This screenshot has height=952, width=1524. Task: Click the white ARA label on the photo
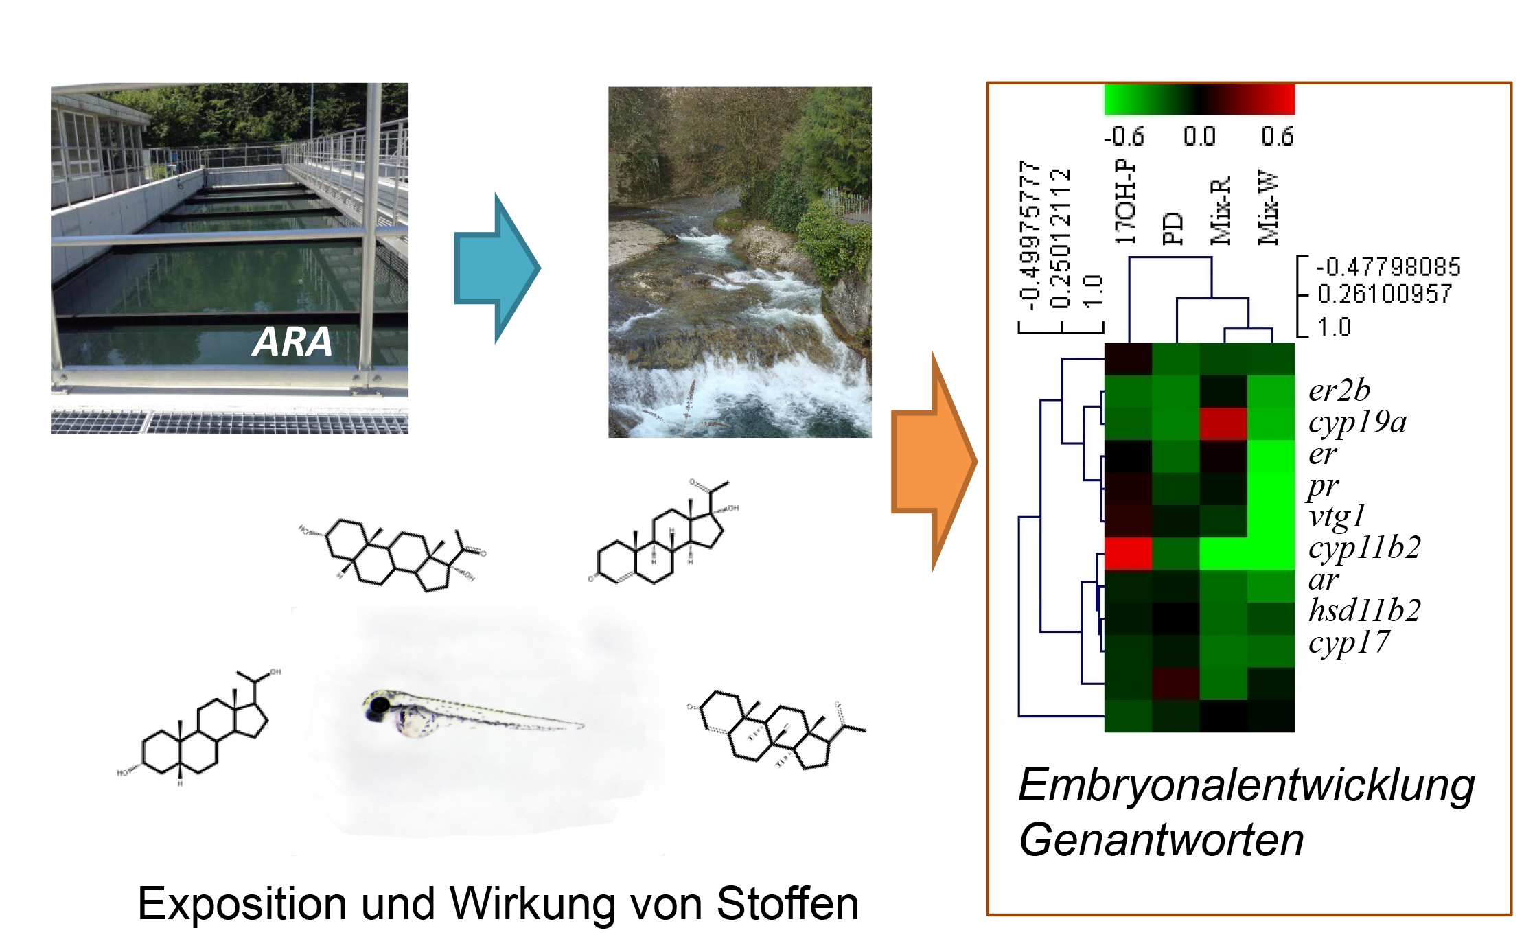pos(292,341)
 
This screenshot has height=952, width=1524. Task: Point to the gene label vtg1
pos(1337,516)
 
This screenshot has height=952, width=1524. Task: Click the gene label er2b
pos(1339,391)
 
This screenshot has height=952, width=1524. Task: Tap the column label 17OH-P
pos(1125,202)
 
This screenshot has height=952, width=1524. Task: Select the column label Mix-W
pos(1268,207)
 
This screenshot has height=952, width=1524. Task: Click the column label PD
pos(1173,229)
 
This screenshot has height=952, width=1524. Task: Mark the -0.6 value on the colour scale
pos(1124,137)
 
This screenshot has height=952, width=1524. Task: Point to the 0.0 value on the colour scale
pos(1199,137)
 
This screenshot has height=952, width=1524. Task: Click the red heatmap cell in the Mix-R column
pos(1223,423)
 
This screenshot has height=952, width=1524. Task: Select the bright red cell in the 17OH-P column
pos(1128,554)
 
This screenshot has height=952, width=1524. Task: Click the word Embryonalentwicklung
pos(1246,785)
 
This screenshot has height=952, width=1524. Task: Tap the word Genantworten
pos(1161,840)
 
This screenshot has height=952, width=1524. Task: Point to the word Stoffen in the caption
pos(787,903)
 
